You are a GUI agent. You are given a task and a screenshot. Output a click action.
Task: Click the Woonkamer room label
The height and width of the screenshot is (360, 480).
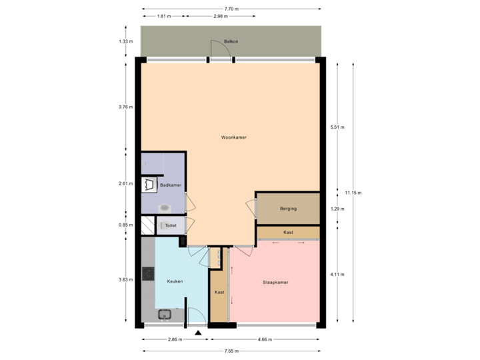[234, 137]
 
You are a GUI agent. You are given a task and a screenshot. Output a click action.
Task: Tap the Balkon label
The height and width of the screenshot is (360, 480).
[231, 41]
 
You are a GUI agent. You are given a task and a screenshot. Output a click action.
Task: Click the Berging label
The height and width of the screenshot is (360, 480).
[288, 209]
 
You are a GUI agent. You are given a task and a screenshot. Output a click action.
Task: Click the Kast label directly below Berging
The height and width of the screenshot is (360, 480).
[288, 232]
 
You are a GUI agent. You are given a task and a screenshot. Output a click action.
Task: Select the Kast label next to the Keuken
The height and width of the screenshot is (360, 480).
[219, 292]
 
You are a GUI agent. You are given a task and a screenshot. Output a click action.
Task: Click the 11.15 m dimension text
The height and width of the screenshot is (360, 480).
[353, 193]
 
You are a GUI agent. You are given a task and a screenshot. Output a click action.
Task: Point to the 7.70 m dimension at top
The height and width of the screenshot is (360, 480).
[231, 9]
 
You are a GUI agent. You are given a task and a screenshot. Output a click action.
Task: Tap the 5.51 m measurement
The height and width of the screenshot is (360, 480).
[337, 127]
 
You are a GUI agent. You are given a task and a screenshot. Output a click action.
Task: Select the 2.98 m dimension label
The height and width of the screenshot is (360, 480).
[218, 16]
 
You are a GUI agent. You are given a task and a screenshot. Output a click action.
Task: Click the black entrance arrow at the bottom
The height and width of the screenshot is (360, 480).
[197, 331]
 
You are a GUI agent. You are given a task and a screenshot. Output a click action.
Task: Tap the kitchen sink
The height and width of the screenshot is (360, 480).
[165, 315]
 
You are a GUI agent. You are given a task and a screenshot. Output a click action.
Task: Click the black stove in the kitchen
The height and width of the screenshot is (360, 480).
[148, 273]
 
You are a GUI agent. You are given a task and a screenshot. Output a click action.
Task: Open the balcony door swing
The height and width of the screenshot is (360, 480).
[220, 49]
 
